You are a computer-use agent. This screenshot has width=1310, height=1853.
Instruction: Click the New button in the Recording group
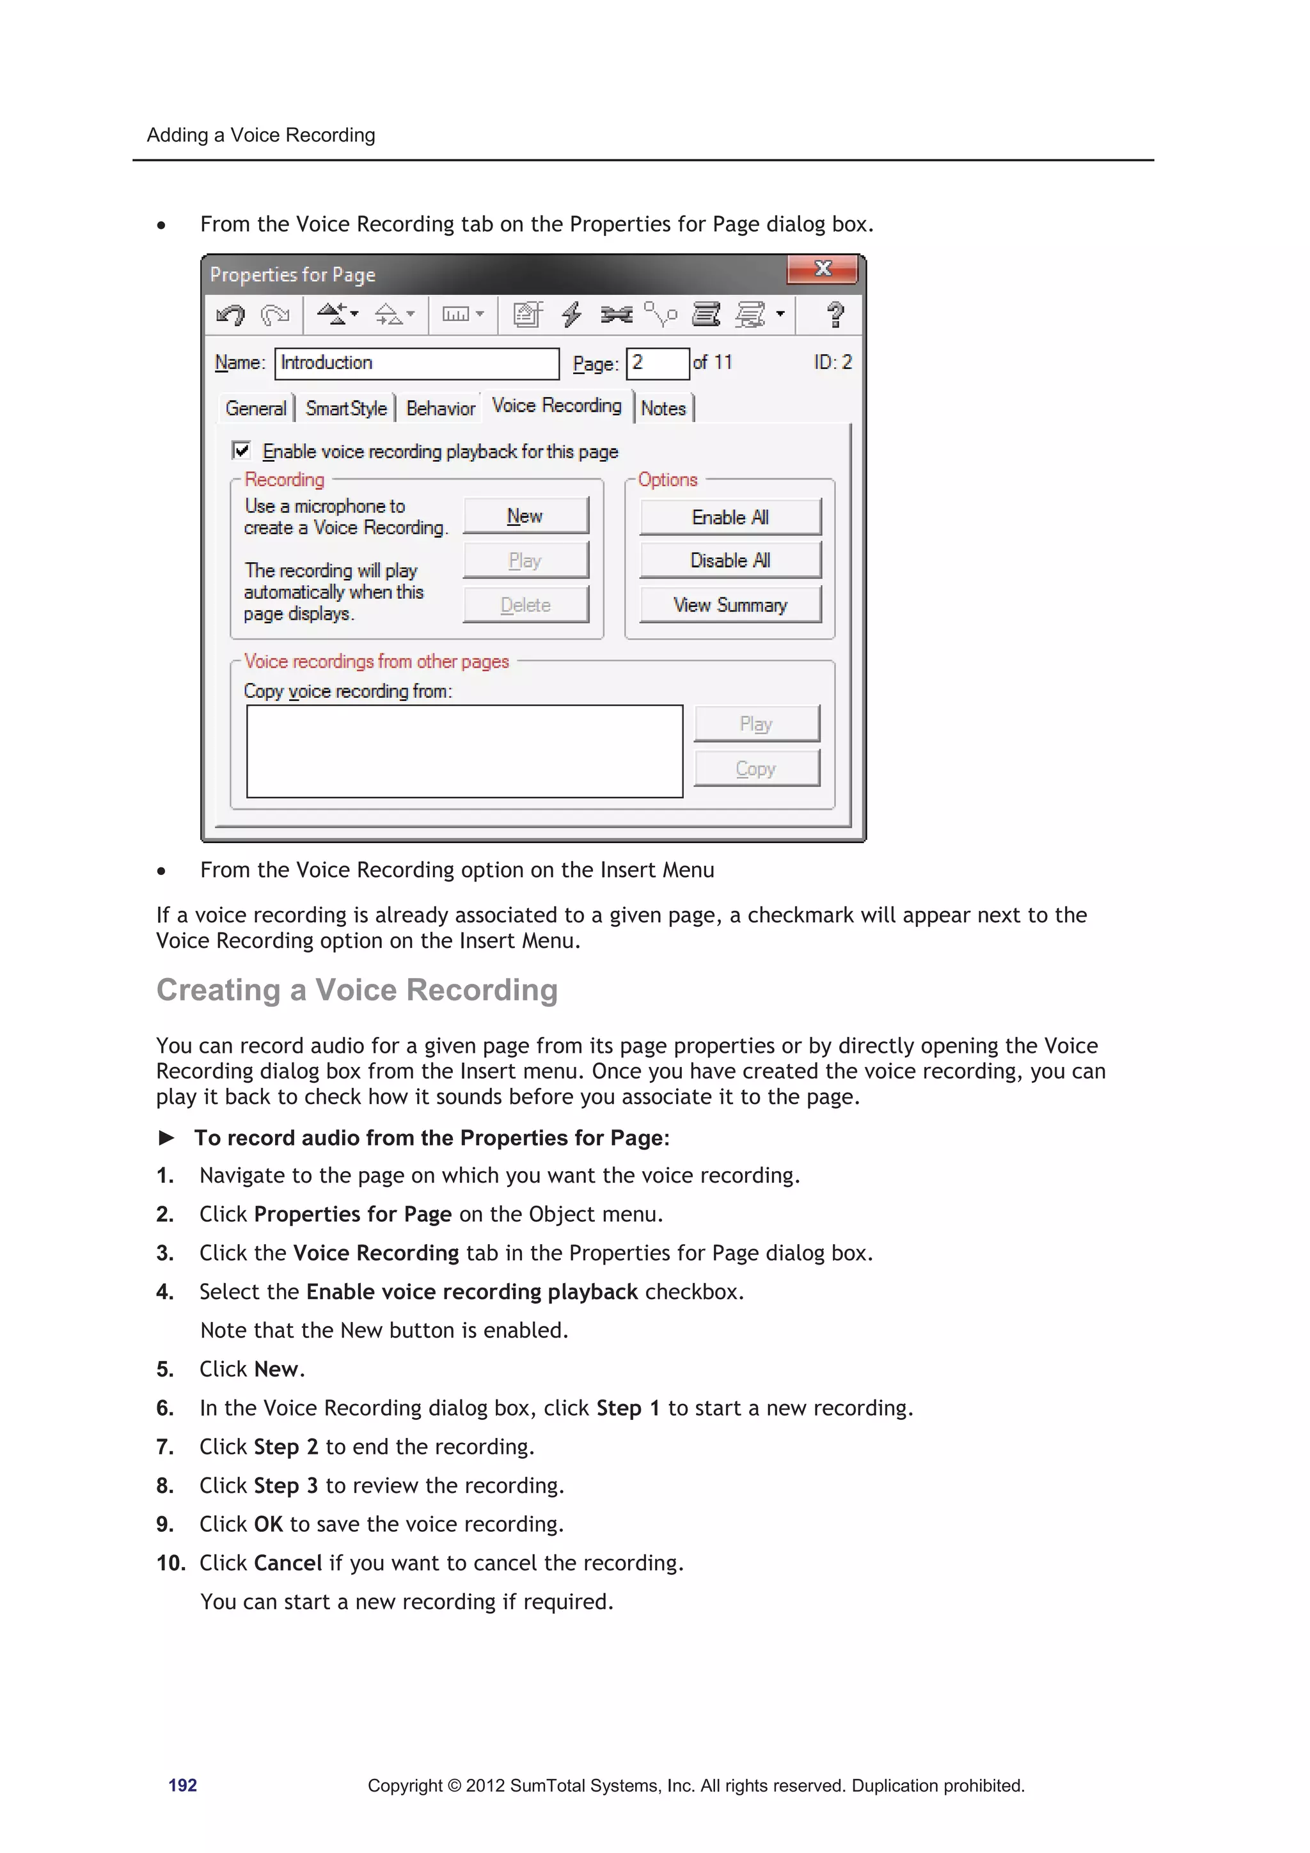tap(525, 516)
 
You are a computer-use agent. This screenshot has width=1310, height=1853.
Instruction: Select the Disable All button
tap(730, 560)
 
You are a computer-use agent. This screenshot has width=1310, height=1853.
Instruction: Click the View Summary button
tap(730, 604)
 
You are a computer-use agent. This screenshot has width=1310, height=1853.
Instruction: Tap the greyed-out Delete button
tap(525, 604)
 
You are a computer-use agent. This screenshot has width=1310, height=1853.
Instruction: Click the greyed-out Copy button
tap(756, 768)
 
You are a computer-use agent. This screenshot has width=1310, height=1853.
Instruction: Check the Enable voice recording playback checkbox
tap(241, 450)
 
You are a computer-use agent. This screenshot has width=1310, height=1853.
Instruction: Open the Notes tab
tap(663, 408)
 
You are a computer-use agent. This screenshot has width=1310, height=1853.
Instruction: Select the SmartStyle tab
tap(345, 408)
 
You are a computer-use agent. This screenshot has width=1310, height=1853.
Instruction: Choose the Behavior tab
tap(441, 408)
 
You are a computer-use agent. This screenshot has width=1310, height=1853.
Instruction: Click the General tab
tap(255, 408)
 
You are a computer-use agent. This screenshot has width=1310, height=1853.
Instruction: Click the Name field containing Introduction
tap(416, 363)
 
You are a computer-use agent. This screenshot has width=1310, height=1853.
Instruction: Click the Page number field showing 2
tap(657, 363)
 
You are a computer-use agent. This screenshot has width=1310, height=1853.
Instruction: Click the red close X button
tap(823, 269)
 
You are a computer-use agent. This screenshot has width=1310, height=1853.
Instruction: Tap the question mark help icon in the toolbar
tap(835, 314)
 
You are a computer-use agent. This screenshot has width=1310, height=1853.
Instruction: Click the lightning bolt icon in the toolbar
tap(571, 314)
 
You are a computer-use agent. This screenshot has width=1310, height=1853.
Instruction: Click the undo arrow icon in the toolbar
tap(231, 314)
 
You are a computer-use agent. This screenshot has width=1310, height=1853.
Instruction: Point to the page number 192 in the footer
tap(182, 1785)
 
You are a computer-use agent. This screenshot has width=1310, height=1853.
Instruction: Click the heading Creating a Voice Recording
tap(357, 990)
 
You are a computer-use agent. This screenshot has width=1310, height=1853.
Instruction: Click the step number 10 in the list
tap(170, 1563)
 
